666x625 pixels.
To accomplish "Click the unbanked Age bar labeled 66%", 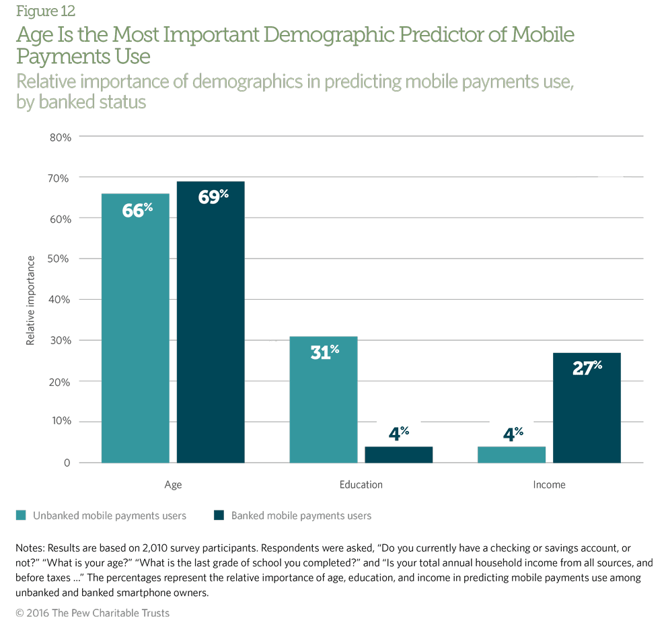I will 135,328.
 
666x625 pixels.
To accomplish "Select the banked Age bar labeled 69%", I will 211,322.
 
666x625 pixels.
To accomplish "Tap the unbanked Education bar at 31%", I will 324,399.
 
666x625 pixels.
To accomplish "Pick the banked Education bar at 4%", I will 399,455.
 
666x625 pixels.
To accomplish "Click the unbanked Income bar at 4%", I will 512,455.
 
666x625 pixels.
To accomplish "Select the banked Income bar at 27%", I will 587,407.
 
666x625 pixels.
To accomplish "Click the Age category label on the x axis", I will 173,485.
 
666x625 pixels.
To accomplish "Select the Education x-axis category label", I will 361,485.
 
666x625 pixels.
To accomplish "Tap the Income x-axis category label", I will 549,485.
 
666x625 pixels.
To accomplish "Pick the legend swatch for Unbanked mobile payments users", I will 22,516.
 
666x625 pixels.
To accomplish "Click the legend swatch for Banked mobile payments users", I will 218,516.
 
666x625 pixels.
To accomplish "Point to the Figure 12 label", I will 46,11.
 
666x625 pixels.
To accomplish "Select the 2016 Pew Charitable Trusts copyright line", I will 93,613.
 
